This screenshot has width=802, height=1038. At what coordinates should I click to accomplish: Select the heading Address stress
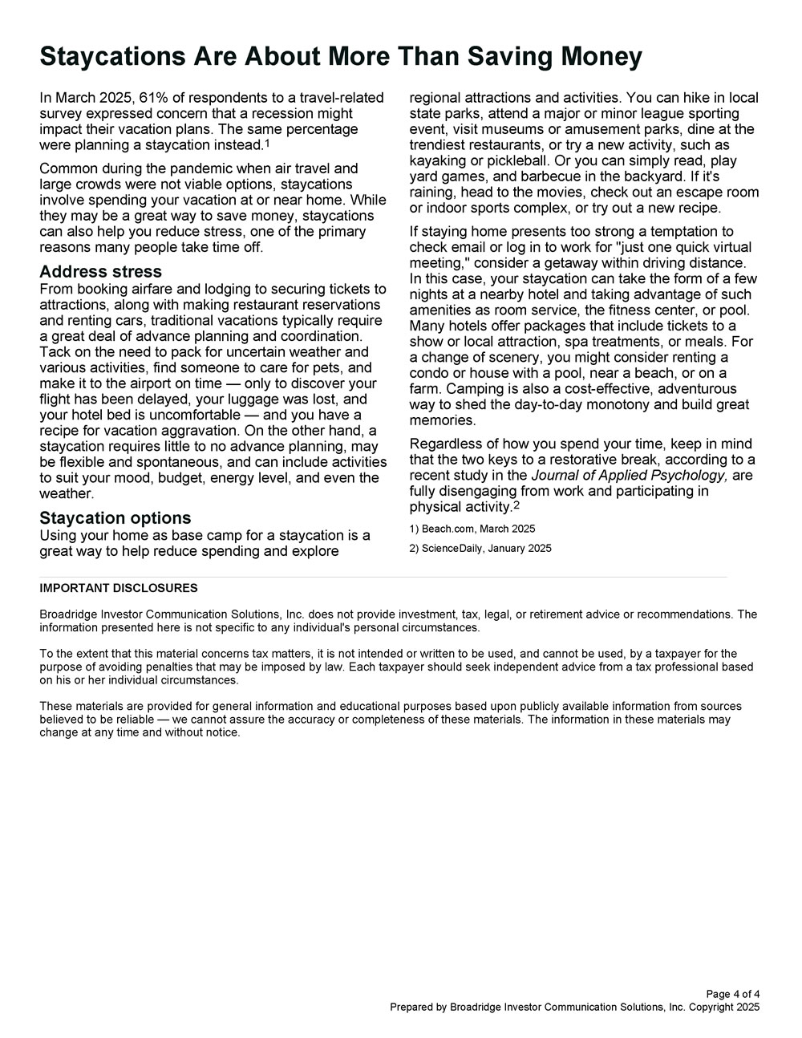[100, 272]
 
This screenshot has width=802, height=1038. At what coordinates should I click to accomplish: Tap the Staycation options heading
[115, 518]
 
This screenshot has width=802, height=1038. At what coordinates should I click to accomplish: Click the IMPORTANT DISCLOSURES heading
[118, 588]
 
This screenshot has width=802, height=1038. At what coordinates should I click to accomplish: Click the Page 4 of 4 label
[733, 995]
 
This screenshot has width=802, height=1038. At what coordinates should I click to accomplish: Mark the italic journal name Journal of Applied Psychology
[629, 476]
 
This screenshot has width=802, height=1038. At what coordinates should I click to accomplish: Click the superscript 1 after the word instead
[267, 144]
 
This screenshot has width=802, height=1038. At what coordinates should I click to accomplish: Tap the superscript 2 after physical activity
[517, 505]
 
